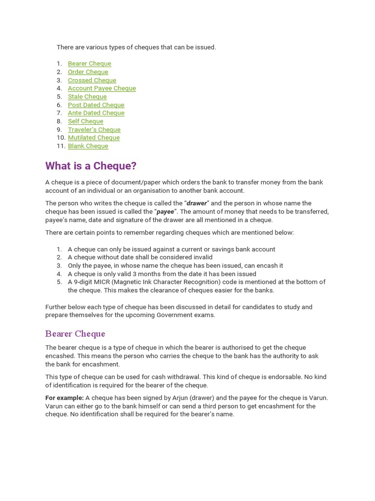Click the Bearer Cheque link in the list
89,64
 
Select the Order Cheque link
88,72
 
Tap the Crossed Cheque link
92,80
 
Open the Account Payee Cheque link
102,89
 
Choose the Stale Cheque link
87,97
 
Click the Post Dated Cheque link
96,105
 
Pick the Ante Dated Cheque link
96,113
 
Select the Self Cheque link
85,121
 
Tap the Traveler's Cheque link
94,130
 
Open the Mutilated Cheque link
93,138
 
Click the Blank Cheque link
88,146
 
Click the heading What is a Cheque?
91,166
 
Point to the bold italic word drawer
197,204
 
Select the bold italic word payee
165,212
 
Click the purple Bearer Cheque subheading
75,334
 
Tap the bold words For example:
64,398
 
